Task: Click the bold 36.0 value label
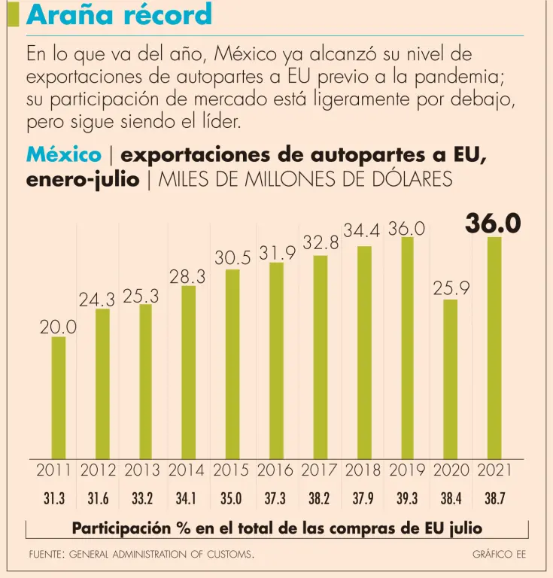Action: [494, 223]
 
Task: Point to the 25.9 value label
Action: [451, 287]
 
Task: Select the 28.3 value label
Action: [187, 277]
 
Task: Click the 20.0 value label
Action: [58, 327]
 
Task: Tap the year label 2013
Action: [143, 471]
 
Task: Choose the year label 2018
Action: [363, 471]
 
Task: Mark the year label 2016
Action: [275, 471]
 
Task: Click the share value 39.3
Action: [408, 498]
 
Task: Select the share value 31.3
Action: [55, 498]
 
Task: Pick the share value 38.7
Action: [495, 498]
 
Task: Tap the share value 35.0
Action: [231, 498]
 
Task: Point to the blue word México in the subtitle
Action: [64, 154]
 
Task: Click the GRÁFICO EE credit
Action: [499, 555]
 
